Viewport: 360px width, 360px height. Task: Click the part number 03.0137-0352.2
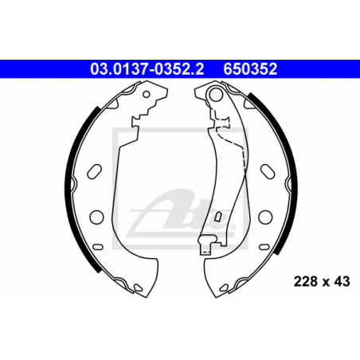tap(147, 69)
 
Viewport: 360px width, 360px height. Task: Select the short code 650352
tap(250, 69)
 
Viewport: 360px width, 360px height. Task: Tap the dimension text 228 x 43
tap(322, 281)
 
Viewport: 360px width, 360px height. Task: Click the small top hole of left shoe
tap(147, 94)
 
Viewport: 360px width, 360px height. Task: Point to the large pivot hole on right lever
tap(215, 94)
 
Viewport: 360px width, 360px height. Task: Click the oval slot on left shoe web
tap(94, 171)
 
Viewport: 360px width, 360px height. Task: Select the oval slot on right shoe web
tap(268, 171)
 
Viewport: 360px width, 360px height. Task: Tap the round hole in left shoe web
tap(96, 217)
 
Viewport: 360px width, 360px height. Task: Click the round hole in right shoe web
tap(265, 217)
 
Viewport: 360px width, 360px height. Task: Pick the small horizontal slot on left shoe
tap(98, 247)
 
